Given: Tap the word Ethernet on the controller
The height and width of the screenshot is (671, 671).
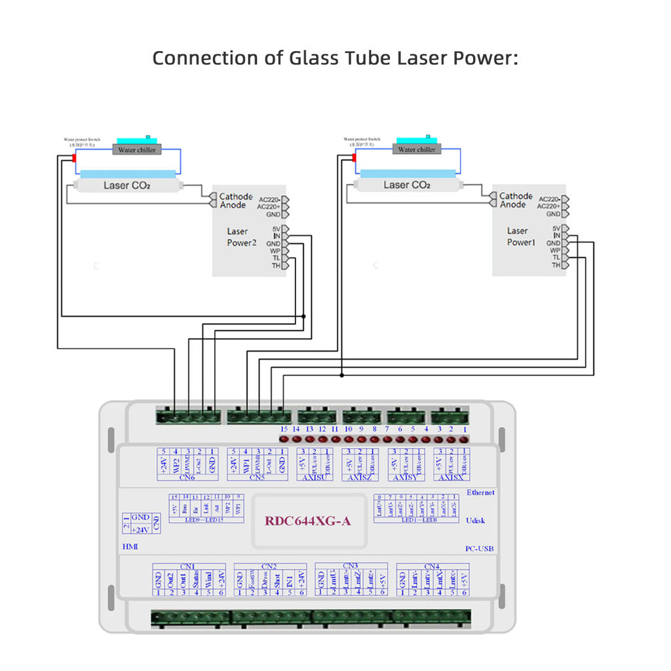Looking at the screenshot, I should pyautogui.click(x=480, y=492).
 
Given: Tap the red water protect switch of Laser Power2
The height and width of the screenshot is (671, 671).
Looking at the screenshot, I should pyautogui.click(x=74, y=159).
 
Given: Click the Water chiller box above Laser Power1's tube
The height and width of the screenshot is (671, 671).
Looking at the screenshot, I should pyautogui.click(x=417, y=149).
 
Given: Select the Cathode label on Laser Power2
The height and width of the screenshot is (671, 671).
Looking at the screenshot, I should pyautogui.click(x=235, y=197).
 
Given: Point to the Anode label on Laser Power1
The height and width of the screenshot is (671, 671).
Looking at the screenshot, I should pyautogui.click(x=512, y=204).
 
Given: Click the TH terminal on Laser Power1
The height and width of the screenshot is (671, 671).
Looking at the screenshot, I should pyautogui.click(x=557, y=265).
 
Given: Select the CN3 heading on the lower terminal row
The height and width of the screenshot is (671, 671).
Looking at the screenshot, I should pyautogui.click(x=350, y=566).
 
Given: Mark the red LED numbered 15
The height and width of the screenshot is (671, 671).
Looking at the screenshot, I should pyautogui.click(x=284, y=440).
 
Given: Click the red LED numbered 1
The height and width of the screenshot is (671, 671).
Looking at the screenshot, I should pyautogui.click(x=465, y=440).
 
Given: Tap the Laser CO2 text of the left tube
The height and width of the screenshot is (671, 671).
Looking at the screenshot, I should pyautogui.click(x=126, y=185).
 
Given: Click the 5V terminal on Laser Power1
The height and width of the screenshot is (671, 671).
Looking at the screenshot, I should pyautogui.click(x=556, y=229).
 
